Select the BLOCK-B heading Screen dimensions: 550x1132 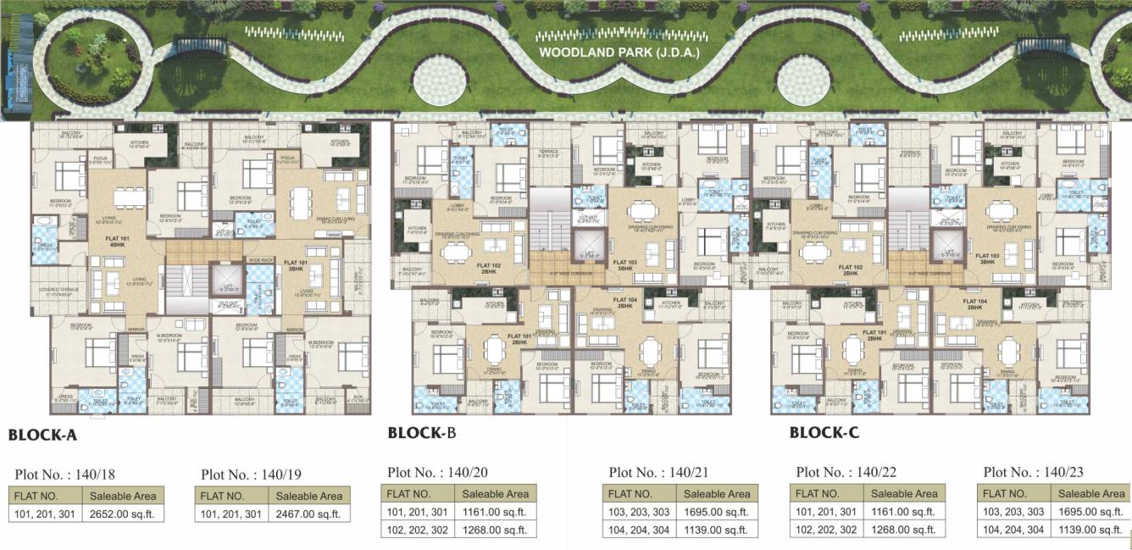[x=422, y=433]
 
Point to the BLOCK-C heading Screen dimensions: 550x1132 [x=824, y=433]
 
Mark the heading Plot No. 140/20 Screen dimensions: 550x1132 [x=438, y=472]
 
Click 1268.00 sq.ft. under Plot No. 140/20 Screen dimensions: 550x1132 [x=496, y=530]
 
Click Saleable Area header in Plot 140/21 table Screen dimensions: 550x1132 [x=717, y=493]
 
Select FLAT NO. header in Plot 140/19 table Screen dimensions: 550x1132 [x=224, y=496]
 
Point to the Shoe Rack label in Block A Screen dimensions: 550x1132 [x=259, y=260]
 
